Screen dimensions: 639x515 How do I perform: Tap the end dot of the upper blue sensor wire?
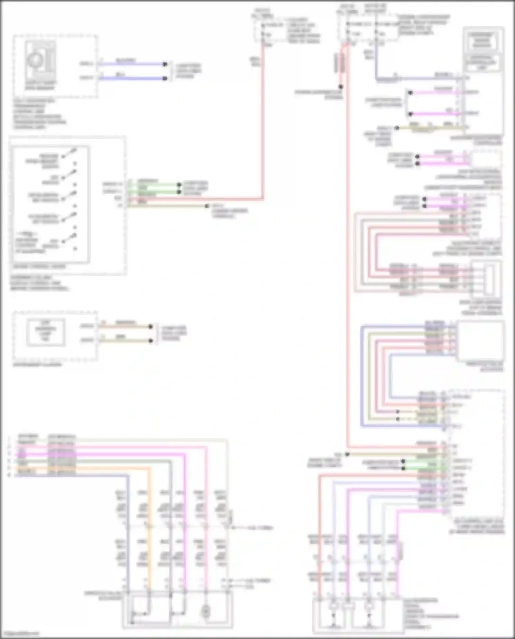point(165,64)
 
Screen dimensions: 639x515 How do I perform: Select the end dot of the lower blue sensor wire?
point(165,78)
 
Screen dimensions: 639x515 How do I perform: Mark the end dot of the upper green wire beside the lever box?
point(179,184)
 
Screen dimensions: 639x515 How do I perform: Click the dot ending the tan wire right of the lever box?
point(207,206)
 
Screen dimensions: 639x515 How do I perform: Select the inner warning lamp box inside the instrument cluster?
point(45,332)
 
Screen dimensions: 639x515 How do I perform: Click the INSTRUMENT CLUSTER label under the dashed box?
point(37,365)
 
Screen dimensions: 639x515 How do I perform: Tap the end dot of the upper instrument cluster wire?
point(150,327)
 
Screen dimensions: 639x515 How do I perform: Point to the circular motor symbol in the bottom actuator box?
point(206,611)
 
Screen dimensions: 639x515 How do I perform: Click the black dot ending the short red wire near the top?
point(341,87)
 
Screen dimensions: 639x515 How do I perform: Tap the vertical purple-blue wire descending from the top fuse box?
point(377,62)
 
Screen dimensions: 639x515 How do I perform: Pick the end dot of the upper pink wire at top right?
point(410,93)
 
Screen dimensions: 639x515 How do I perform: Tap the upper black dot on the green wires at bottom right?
point(403,461)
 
